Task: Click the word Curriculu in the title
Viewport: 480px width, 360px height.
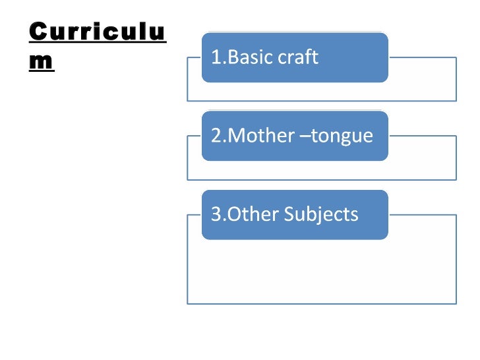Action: [x=97, y=32]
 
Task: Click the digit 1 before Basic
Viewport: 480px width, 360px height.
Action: [x=215, y=57]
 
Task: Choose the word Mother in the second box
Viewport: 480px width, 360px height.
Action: [x=257, y=136]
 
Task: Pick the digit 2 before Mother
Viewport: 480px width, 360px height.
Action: [x=215, y=136]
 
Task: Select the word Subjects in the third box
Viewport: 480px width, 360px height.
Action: [x=321, y=214]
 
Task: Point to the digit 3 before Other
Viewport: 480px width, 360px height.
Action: [x=215, y=214]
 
